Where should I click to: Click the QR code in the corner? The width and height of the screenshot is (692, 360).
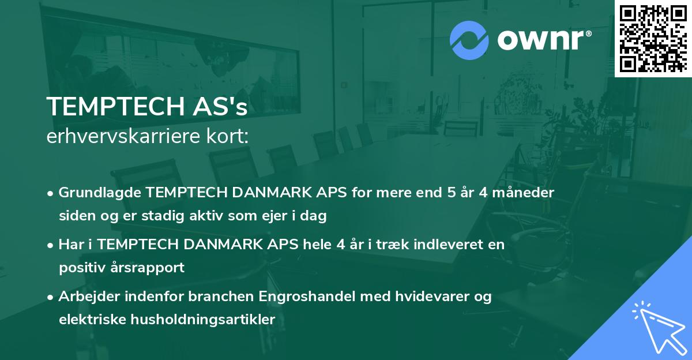click(653, 38)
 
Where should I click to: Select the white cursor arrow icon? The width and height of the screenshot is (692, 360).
click(657, 328)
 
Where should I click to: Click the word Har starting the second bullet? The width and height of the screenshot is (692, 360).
click(70, 245)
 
